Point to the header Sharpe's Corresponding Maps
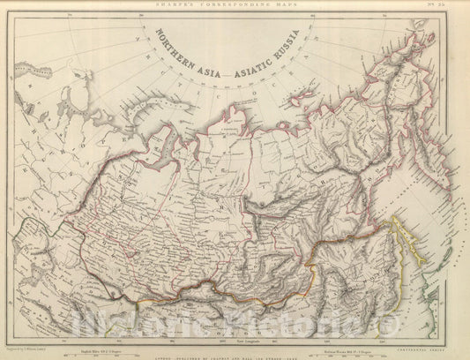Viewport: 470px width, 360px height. [235, 4]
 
